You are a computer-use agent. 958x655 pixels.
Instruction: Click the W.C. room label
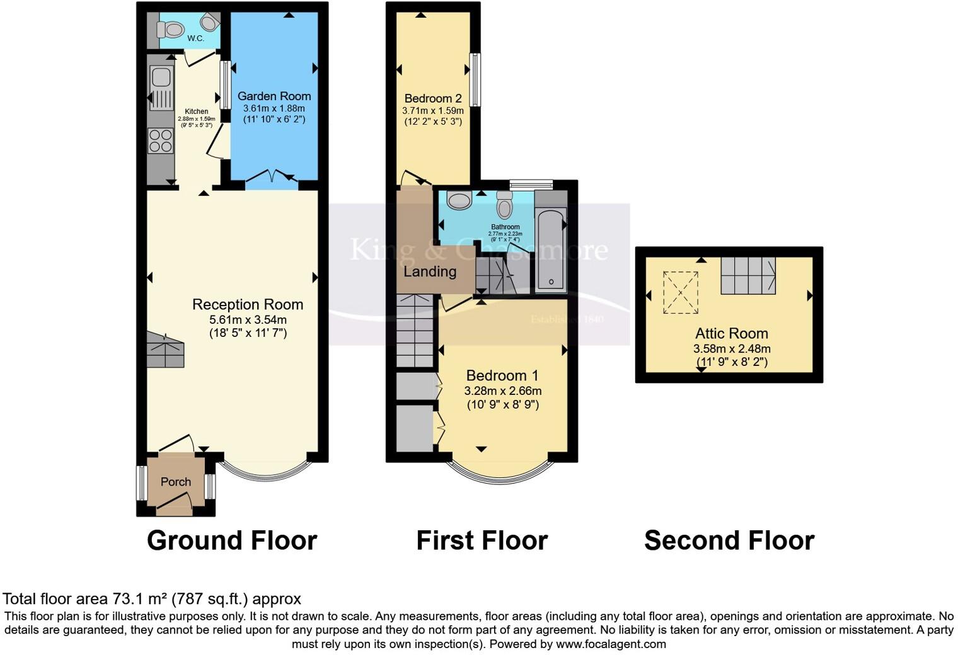click(x=195, y=38)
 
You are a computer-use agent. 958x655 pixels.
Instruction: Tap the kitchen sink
click(x=161, y=78)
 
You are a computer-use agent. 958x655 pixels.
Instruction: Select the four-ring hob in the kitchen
click(x=161, y=140)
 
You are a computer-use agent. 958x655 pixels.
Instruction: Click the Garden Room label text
click(x=274, y=96)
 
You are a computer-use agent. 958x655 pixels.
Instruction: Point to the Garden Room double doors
click(x=272, y=179)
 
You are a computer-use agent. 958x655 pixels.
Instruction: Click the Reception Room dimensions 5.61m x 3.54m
click(x=248, y=319)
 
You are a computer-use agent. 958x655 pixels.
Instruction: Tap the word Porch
click(x=176, y=482)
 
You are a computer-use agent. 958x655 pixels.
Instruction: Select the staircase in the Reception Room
click(x=165, y=351)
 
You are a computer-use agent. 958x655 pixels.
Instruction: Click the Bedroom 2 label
click(x=433, y=98)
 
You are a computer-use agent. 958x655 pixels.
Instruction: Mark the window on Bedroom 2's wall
click(x=476, y=79)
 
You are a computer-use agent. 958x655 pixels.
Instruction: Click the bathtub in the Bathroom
click(x=551, y=249)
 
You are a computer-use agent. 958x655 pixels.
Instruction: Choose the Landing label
click(x=430, y=271)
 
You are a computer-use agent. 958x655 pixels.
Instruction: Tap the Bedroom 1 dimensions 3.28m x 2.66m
click(x=503, y=391)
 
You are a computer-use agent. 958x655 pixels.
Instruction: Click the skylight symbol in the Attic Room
click(x=681, y=292)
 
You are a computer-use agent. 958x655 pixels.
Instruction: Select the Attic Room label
click(x=732, y=334)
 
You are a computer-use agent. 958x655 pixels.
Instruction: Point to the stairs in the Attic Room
click(x=748, y=275)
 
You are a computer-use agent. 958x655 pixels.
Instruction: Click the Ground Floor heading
click(x=232, y=540)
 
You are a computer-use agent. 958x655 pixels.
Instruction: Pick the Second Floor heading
click(x=729, y=540)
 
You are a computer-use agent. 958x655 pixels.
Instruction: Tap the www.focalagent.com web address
click(x=611, y=644)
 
